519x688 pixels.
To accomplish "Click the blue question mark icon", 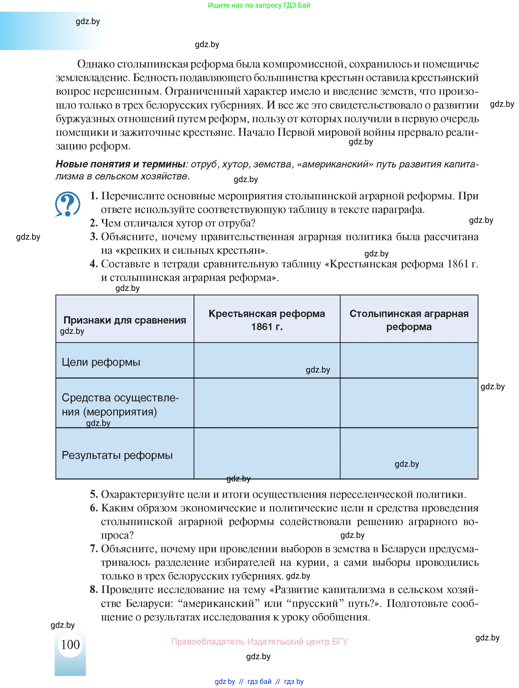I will pos(67,204).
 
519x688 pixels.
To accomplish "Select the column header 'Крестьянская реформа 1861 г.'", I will pos(267,320).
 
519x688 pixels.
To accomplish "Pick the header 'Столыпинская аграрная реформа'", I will pos(409,320).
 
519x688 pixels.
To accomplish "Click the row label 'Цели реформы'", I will pos(101,362).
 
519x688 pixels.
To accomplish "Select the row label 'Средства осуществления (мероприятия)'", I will pos(120,405).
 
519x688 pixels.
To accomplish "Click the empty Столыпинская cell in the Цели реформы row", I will pos(409,360).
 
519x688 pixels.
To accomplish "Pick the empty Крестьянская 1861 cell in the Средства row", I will pos(267,403).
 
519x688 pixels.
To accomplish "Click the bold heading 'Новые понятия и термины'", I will pos(120,164).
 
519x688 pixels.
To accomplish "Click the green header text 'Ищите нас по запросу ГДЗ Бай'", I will pos(259,5).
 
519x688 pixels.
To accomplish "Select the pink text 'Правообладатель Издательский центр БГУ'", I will pos(259,641).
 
